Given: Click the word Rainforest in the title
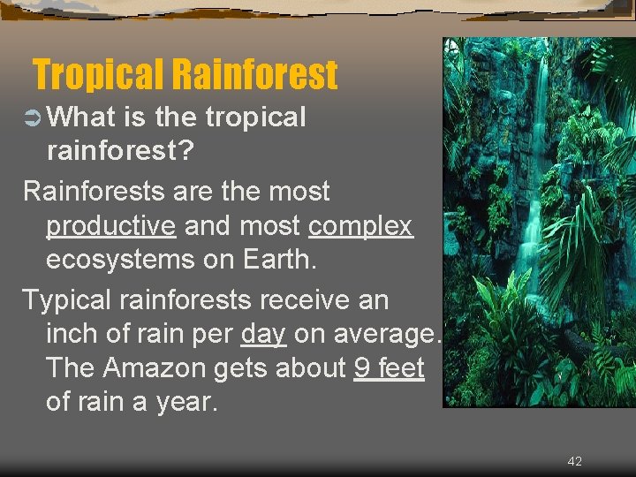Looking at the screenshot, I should tap(255, 75).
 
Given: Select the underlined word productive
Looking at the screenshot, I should tap(111, 226).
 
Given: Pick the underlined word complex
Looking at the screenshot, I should tap(360, 226).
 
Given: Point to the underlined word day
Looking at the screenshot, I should tap(262, 334).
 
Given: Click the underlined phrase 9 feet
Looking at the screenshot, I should tap(389, 367).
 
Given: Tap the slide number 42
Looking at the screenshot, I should tap(574, 461).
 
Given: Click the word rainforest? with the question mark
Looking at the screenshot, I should tap(121, 151).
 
